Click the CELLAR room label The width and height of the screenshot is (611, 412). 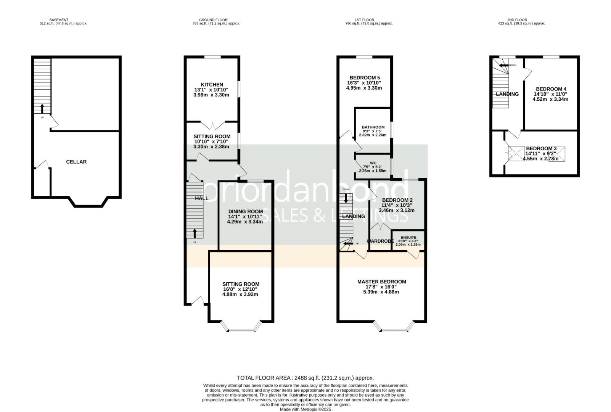[x=76, y=162]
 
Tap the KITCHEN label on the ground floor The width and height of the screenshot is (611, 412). [x=212, y=85]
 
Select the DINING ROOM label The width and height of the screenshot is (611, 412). [x=246, y=212]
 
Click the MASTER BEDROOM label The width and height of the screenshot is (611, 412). [x=381, y=282]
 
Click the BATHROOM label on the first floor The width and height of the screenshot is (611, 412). [x=373, y=127]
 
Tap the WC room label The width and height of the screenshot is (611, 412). [x=373, y=163]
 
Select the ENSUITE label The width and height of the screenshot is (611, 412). [x=408, y=237]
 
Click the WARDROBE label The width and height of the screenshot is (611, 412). [x=380, y=241]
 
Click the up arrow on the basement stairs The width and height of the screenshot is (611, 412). [x=42, y=109]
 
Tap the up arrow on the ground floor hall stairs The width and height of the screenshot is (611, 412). [x=195, y=233]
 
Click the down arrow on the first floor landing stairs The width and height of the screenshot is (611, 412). [x=346, y=198]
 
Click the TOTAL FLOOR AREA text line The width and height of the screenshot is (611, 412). [x=305, y=378]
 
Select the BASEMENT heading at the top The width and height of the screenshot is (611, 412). [x=59, y=20]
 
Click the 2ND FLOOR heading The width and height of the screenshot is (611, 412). [x=518, y=20]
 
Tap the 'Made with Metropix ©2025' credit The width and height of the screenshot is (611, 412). [x=305, y=409]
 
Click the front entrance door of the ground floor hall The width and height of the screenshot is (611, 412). [x=197, y=301]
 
